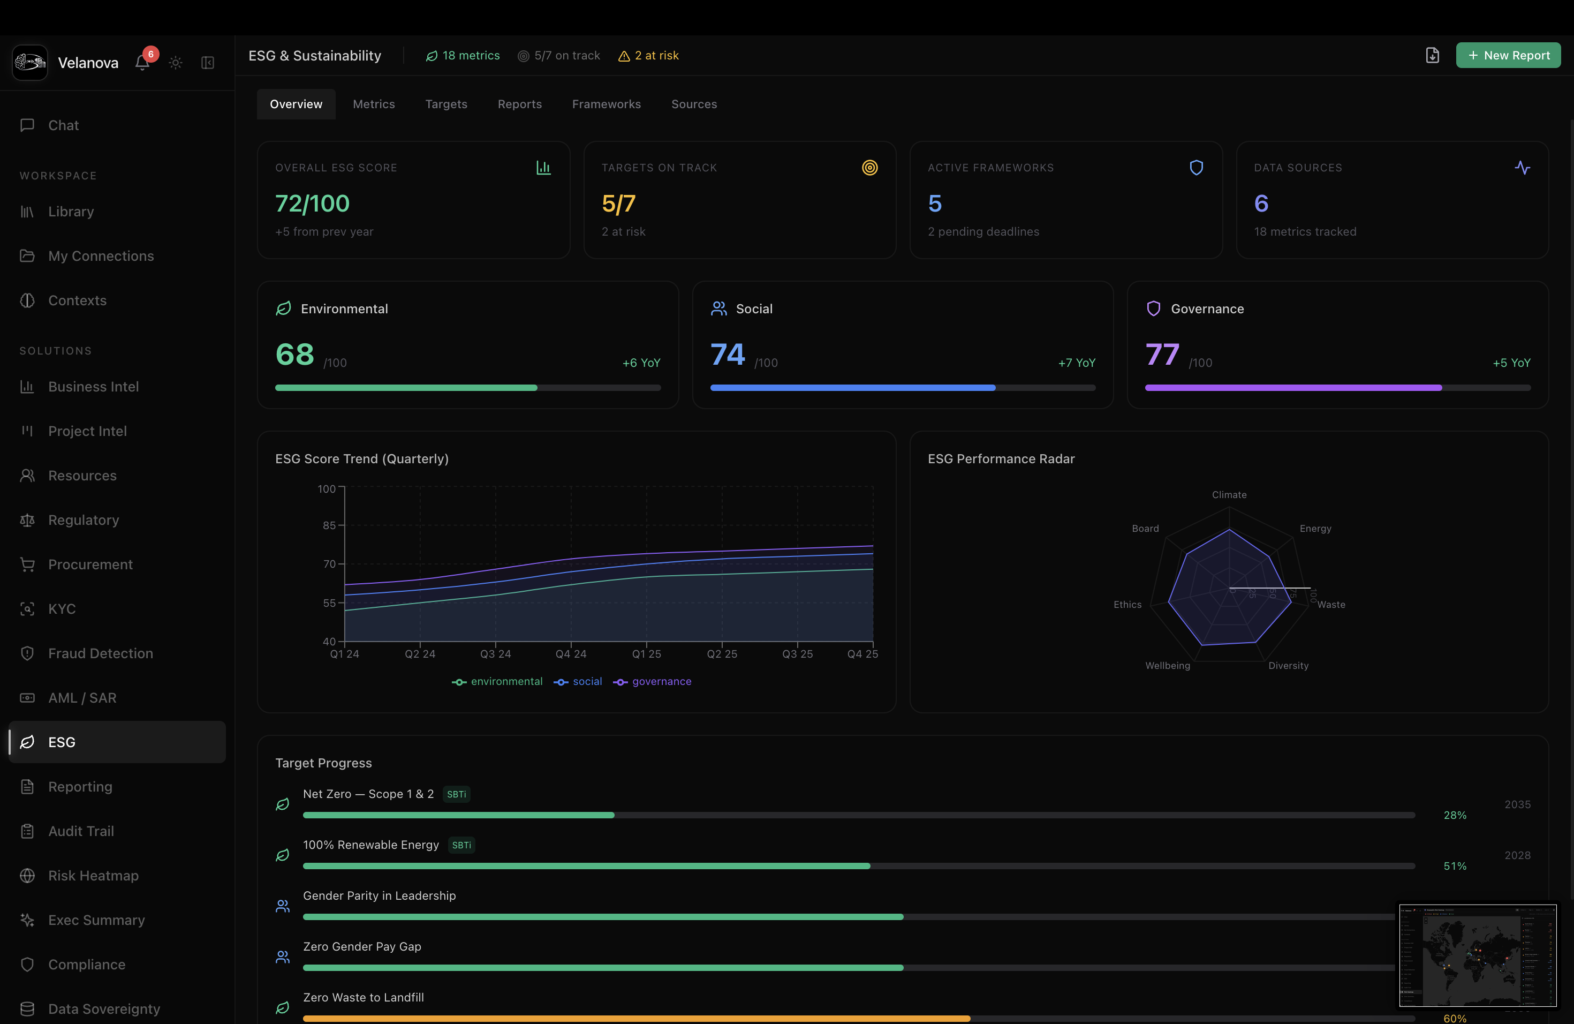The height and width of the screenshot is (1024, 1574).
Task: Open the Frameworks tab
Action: coord(606,104)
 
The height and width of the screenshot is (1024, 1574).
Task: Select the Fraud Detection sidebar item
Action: coord(101,653)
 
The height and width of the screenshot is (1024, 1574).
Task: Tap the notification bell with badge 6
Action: coord(142,62)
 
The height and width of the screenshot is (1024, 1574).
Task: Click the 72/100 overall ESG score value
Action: coord(312,203)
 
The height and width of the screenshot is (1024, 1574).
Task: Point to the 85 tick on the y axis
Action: coord(329,525)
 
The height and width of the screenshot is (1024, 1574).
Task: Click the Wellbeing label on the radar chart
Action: coord(1167,666)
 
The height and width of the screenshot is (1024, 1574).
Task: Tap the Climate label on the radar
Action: coord(1229,495)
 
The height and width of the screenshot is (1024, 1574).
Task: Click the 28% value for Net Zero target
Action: coord(1454,815)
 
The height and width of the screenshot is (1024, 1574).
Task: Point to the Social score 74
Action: coord(728,355)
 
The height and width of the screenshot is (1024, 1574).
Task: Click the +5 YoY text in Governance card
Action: coord(1511,363)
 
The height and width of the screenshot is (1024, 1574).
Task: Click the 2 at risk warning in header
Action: coord(649,56)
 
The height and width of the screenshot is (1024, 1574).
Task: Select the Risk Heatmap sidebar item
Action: coord(93,875)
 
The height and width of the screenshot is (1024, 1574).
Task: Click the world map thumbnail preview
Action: coord(1478,955)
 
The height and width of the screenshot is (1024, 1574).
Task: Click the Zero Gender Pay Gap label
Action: coord(362,946)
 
